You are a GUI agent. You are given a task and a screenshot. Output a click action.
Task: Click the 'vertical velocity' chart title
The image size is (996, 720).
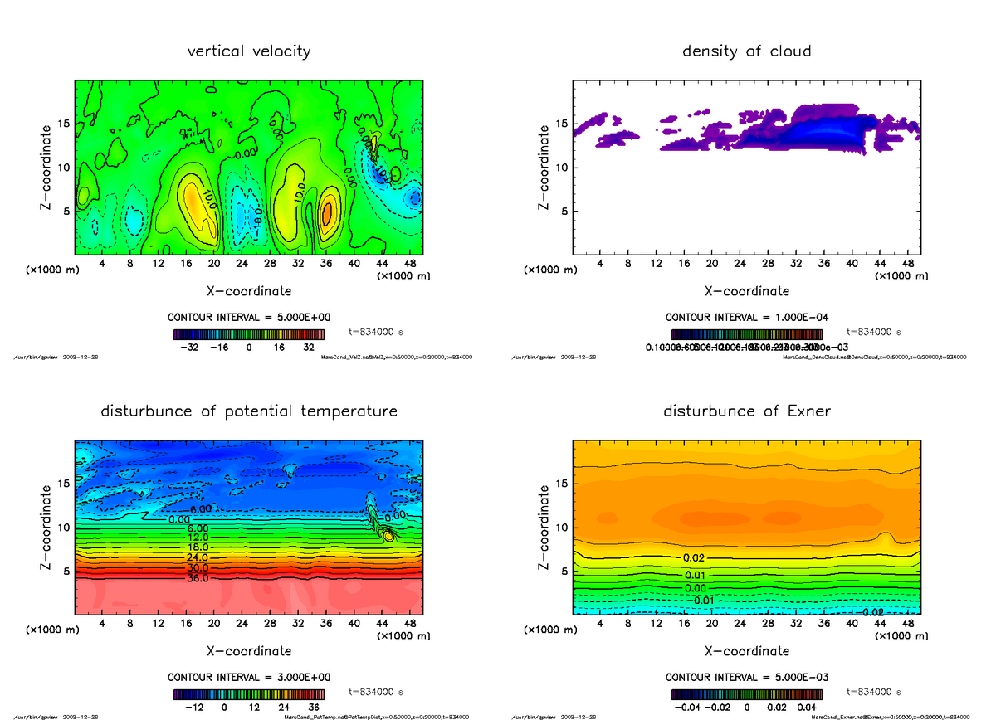click(x=249, y=51)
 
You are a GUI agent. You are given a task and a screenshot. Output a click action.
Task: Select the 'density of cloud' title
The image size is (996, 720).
click(x=746, y=51)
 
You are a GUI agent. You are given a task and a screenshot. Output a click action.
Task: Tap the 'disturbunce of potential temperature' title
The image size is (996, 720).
click(x=249, y=411)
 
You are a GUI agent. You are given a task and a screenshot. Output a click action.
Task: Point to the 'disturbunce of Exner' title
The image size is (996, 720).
click(x=746, y=411)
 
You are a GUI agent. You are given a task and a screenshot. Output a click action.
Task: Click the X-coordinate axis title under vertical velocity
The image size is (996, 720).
click(x=249, y=291)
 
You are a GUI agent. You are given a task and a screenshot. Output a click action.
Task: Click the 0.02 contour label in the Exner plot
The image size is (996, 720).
click(x=695, y=558)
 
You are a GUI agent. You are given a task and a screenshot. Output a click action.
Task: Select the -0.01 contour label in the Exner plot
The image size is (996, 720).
click(x=704, y=600)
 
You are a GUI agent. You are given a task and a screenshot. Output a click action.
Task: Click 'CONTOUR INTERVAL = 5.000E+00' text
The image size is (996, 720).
click(x=249, y=318)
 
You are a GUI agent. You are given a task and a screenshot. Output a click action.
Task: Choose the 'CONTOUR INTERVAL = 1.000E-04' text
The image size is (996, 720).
click(x=746, y=318)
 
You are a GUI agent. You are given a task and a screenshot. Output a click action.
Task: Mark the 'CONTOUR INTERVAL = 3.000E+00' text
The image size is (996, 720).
click(x=249, y=677)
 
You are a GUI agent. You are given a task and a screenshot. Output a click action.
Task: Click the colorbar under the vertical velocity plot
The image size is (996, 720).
click(x=249, y=334)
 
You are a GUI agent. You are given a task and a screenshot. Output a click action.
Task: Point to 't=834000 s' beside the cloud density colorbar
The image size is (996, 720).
click(x=873, y=331)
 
